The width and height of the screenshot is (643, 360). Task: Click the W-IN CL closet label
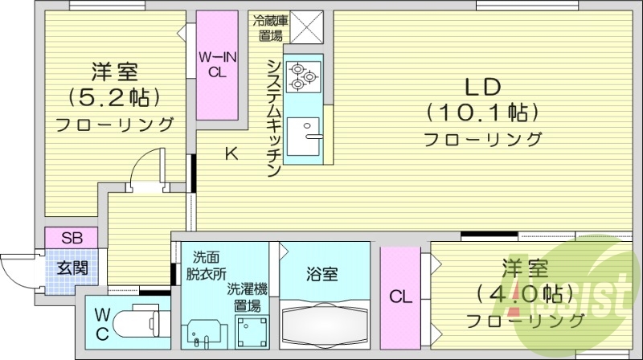(x=217, y=63)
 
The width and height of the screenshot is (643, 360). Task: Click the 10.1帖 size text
(x=482, y=111)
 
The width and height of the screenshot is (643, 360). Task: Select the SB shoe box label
(x=71, y=238)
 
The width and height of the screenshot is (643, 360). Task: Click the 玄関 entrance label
(x=72, y=267)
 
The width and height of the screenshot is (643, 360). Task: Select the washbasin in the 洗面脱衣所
(x=201, y=332)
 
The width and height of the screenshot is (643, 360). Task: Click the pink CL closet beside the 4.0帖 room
(x=400, y=297)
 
